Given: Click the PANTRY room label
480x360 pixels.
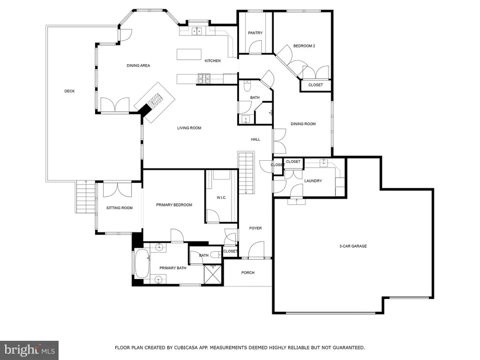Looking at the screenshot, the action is (x=255, y=33).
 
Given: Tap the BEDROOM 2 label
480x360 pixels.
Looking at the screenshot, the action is (x=304, y=46).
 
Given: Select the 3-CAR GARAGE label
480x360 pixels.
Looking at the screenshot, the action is (x=353, y=246).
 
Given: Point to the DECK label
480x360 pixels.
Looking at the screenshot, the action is (x=70, y=91).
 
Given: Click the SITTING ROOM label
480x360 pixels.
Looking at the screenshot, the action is (x=120, y=208).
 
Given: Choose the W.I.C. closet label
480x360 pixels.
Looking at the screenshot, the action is (x=221, y=198).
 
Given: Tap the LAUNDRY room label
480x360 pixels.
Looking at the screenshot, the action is (x=313, y=181).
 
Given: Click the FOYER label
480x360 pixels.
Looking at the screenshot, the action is (x=255, y=228).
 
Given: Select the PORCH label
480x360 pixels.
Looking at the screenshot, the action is (x=248, y=273).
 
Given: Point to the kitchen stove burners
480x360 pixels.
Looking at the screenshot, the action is (x=204, y=79).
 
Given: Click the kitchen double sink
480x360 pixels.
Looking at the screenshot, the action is (x=196, y=31).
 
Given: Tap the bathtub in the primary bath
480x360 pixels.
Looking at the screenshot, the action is (x=142, y=264).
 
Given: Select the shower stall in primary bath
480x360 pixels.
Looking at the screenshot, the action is (x=213, y=275).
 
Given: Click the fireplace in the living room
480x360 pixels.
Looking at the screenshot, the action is (x=155, y=102).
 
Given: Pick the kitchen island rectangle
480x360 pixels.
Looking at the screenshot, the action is (x=189, y=54).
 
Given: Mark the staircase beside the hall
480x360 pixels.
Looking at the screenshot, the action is (x=246, y=173).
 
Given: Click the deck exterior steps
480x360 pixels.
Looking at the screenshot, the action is (x=86, y=197).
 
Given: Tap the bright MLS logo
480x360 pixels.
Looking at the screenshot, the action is (x=29, y=350).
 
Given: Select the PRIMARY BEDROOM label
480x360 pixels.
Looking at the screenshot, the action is (x=174, y=205).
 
